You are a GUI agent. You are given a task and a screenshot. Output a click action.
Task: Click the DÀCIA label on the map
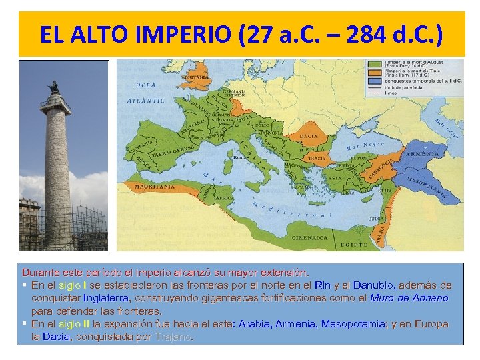[x=309, y=135]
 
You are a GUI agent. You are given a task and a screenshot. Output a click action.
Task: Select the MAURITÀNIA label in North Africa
[x=155, y=187]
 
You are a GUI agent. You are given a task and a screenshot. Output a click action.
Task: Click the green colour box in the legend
[x=374, y=63]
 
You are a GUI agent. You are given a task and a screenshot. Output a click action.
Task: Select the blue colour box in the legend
[x=374, y=86]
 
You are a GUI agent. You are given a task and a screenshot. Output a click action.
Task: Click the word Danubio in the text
[x=374, y=285]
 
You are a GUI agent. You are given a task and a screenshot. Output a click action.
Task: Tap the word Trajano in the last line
[x=173, y=337]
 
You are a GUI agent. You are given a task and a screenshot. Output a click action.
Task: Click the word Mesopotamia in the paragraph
[x=351, y=324]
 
